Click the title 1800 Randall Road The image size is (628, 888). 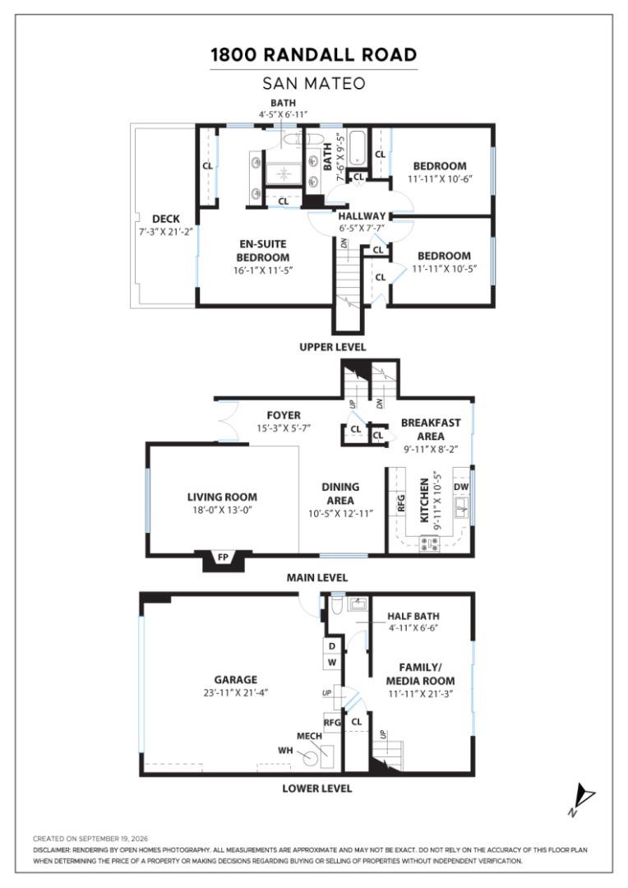[314, 55]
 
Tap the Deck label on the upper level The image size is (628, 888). [166, 219]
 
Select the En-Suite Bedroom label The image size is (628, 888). [263, 250]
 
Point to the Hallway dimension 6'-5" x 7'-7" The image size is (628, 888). [362, 229]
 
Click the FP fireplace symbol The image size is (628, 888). [223, 557]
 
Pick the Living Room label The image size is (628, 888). [222, 497]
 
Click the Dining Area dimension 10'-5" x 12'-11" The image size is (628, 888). [340, 514]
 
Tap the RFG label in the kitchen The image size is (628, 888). [401, 503]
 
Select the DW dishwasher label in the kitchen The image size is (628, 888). [461, 487]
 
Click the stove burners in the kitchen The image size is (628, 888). [429, 544]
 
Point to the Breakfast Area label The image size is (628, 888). [431, 429]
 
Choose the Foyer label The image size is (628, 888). [284, 415]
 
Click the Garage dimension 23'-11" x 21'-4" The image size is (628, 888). [236, 692]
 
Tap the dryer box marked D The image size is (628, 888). [332, 646]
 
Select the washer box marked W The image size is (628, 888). [332, 662]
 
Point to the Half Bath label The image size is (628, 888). [413, 616]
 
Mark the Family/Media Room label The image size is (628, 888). [420, 674]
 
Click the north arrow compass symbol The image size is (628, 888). [583, 798]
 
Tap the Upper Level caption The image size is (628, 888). [332, 347]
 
